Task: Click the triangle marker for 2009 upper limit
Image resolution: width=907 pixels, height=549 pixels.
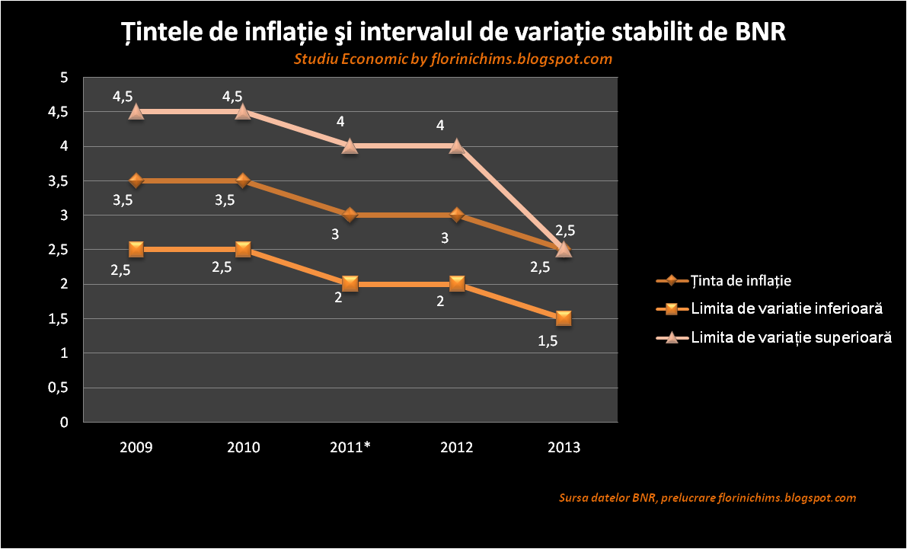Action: [x=136, y=111]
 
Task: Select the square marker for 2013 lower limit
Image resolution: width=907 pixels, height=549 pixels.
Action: [x=564, y=318]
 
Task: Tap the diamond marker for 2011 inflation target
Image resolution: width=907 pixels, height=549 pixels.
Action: [x=350, y=215]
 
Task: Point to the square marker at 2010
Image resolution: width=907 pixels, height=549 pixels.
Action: [x=243, y=249]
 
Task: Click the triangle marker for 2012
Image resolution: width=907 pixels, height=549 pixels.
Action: [x=456, y=145]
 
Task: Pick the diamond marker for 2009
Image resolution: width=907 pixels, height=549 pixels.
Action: [x=136, y=180]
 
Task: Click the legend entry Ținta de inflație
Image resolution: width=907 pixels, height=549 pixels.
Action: [x=741, y=280]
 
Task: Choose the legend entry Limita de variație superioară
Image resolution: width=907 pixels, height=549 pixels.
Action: [x=790, y=337]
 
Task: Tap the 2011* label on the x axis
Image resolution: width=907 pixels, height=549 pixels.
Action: [x=350, y=448]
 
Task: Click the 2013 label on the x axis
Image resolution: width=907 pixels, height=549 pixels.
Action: [x=564, y=448]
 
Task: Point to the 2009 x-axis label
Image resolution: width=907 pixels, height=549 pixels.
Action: [x=136, y=448]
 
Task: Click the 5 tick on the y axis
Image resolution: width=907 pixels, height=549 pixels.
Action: [x=64, y=78]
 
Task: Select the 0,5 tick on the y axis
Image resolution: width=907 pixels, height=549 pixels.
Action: [x=59, y=388]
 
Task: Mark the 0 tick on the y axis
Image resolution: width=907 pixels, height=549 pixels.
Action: [x=64, y=422]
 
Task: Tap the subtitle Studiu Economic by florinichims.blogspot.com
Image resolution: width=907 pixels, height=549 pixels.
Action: [x=453, y=59]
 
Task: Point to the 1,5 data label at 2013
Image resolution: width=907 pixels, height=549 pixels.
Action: [x=548, y=341]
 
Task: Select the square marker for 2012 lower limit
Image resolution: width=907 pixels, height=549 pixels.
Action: [x=456, y=284]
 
